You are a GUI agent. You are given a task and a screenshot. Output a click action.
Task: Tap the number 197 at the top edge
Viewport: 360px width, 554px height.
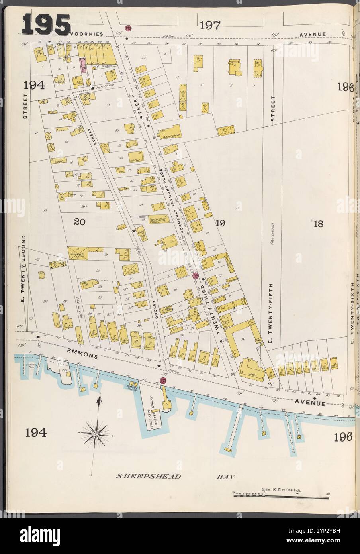[210, 26]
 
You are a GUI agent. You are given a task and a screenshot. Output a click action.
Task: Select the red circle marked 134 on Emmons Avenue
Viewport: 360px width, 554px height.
[164, 381]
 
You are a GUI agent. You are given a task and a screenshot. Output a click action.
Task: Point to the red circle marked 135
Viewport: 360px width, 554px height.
[196, 275]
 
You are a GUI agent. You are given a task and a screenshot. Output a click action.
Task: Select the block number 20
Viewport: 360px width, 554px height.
[80, 222]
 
